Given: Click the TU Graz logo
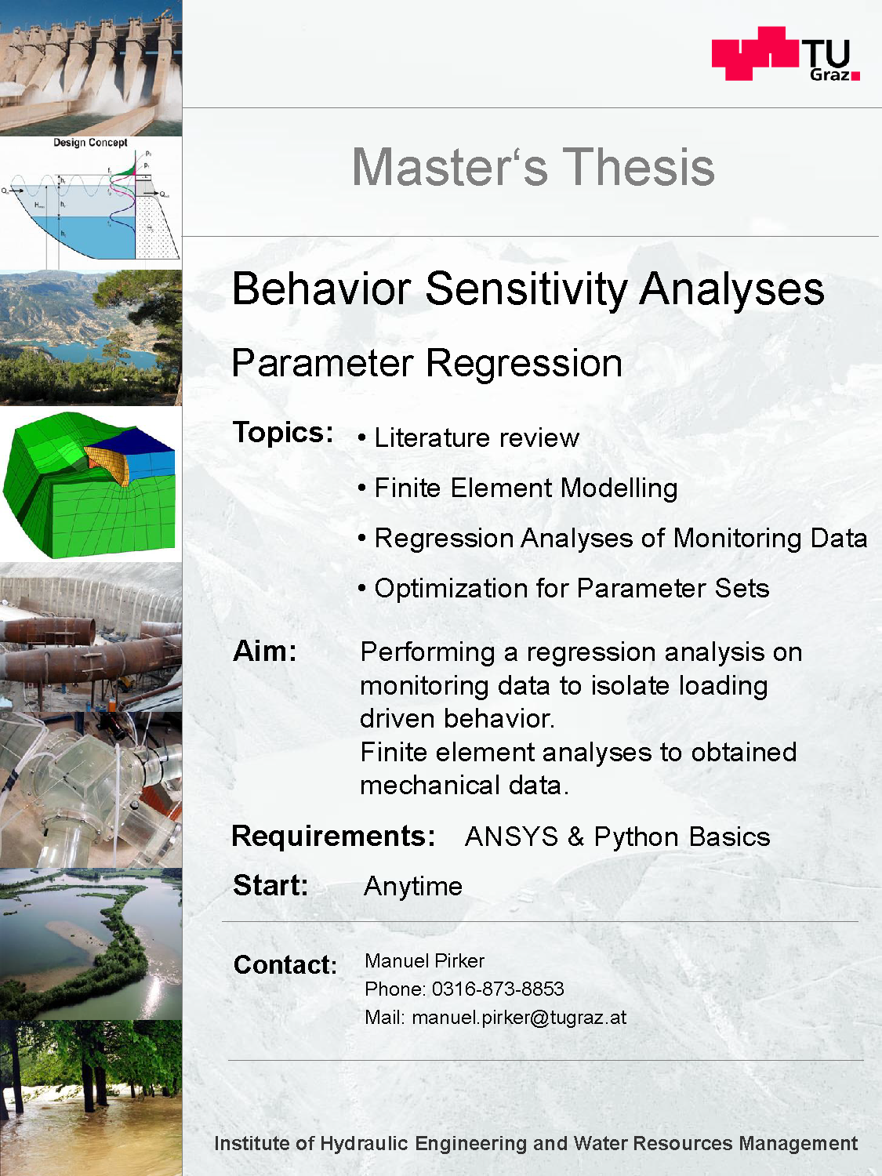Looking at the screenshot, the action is coord(786,53).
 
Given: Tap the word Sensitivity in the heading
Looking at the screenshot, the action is coord(526,289).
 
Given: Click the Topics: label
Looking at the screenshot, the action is coord(283,432).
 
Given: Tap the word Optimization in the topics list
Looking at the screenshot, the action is coord(451,588).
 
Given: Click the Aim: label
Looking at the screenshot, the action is coord(264,652).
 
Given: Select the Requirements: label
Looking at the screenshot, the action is coord(333,836).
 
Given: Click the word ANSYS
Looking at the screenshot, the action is coord(511,837).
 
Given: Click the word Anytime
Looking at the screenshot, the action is coord(413,887).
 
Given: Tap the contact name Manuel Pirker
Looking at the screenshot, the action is coord(425,960).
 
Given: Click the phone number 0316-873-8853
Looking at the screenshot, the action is coord(498,989).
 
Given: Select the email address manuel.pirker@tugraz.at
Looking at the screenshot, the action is coord(519,1018).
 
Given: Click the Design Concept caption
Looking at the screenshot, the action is coord(90,143).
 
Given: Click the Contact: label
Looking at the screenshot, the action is coord(285,965).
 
